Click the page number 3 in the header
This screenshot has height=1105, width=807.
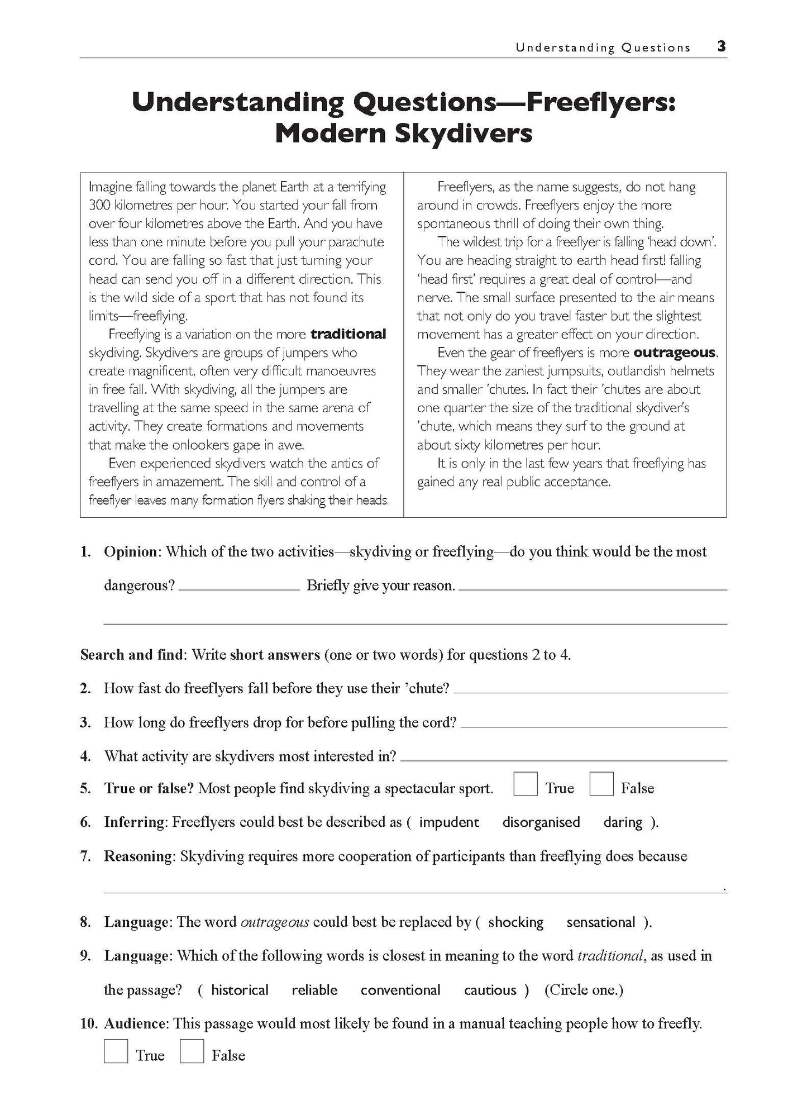click(x=722, y=47)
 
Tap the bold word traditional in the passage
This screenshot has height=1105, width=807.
click(x=348, y=334)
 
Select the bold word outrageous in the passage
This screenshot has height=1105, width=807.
click(x=675, y=353)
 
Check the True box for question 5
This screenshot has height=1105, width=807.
click(x=525, y=784)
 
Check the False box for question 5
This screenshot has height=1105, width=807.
click(x=601, y=784)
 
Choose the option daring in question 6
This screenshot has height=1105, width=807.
click(x=623, y=822)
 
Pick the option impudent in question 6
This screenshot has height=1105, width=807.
click(x=448, y=822)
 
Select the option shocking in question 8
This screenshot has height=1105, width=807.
click(x=515, y=922)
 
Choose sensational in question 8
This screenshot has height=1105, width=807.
click(x=600, y=922)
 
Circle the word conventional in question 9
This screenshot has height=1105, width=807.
click(x=400, y=990)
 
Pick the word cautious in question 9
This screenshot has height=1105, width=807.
click(x=490, y=990)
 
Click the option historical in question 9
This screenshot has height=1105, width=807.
click(x=240, y=990)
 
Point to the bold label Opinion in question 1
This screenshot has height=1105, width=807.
click(x=131, y=552)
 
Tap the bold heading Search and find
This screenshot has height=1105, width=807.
click(x=131, y=655)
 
